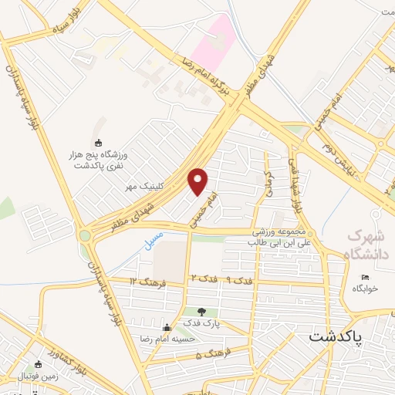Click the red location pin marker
pyautogui.click(x=198, y=181)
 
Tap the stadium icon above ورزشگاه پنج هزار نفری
pyautogui.click(x=98, y=143)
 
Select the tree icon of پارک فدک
pyautogui.click(x=202, y=312)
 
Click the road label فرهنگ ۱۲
pyautogui.click(x=146, y=280)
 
